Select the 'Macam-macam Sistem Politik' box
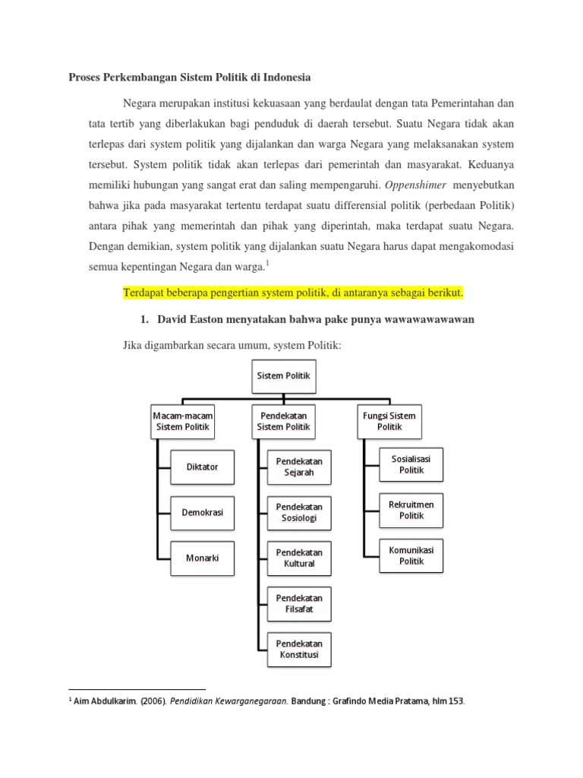[x=182, y=421]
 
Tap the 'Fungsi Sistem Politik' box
[x=389, y=421]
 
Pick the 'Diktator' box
[x=202, y=466]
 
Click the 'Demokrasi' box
[x=202, y=512]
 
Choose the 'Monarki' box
[x=202, y=558]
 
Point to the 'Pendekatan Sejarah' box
[x=299, y=466]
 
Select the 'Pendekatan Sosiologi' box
[x=299, y=512]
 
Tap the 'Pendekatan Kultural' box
[x=299, y=558]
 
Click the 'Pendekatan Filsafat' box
[x=299, y=603]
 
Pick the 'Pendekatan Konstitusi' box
[x=299, y=649]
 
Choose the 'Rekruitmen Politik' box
[x=411, y=510]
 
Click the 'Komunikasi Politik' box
[x=411, y=555]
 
